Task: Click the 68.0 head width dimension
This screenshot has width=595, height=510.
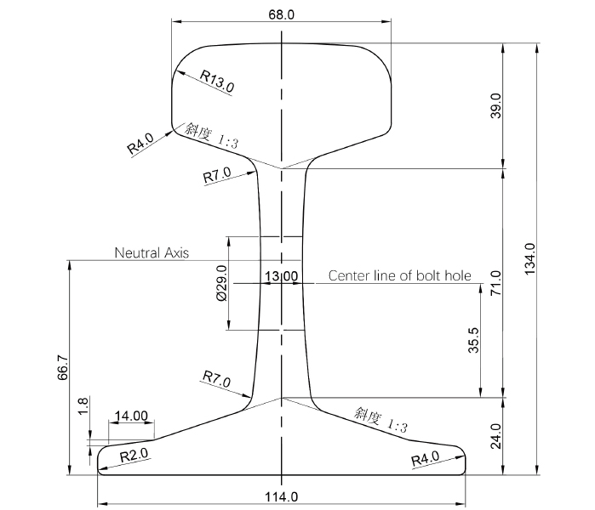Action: click(281, 14)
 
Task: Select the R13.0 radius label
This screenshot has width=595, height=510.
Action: click(218, 82)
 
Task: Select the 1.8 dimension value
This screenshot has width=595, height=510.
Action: click(82, 406)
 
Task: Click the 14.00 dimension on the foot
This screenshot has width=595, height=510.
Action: click(131, 416)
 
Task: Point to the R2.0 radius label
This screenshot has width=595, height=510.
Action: click(134, 456)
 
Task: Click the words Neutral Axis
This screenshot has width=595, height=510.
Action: click(152, 252)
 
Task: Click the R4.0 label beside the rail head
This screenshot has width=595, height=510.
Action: click(141, 143)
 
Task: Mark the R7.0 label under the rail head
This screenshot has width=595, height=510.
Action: click(217, 176)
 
